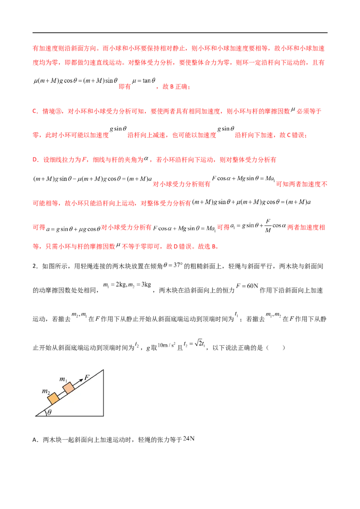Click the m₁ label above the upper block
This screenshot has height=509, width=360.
point(64,380)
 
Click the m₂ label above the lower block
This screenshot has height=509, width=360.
point(46,392)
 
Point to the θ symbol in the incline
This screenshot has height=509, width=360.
point(49,412)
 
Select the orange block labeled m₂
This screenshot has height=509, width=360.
point(54,398)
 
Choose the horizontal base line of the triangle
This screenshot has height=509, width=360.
point(72,415)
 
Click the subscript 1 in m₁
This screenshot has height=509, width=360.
point(67,381)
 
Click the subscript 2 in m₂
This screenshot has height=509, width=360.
point(49,393)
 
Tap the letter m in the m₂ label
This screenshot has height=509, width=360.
point(45,392)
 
